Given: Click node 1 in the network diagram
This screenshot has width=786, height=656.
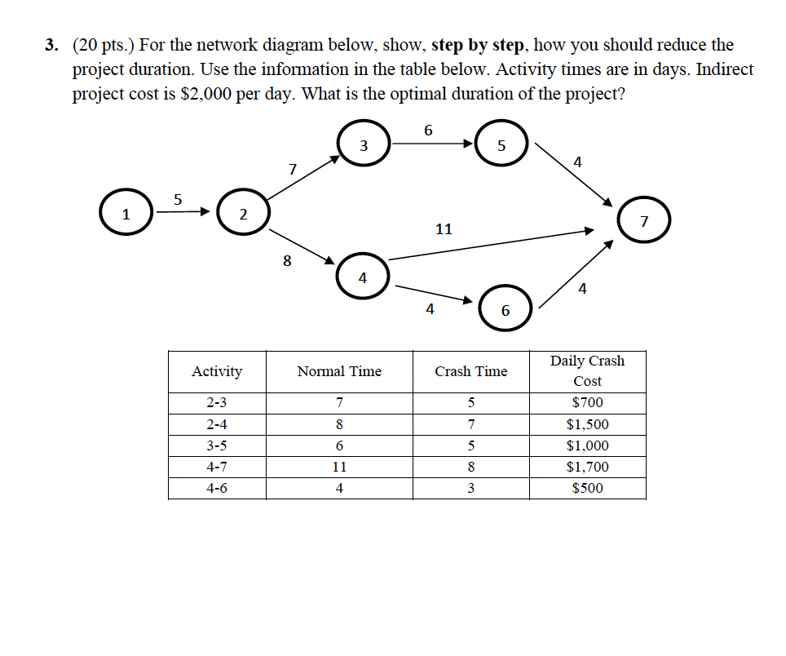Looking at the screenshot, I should [x=126, y=214].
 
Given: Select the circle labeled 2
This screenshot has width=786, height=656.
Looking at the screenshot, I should [x=242, y=214].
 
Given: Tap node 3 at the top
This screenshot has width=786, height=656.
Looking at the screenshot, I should [x=363, y=146].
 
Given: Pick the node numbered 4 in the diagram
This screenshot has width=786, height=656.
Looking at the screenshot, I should [x=363, y=277].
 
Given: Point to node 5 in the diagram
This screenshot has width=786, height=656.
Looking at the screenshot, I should [x=501, y=146].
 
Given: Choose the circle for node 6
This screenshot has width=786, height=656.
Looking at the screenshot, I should [x=505, y=310].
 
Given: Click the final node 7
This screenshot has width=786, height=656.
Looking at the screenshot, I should [x=643, y=220].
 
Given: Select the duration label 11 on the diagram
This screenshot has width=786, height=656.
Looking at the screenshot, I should [x=444, y=229].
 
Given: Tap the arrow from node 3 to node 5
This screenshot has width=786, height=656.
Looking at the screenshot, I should [x=432, y=144].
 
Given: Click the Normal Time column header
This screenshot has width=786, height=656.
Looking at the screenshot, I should [x=339, y=371].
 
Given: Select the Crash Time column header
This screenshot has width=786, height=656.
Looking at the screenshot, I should [x=470, y=371].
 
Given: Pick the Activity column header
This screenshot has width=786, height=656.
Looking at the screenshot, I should [x=217, y=371].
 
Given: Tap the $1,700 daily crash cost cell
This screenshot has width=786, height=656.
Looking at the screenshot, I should [x=587, y=468].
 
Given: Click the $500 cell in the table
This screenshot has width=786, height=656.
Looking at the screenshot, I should [x=587, y=489].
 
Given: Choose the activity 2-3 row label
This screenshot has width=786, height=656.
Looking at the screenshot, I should [x=217, y=402].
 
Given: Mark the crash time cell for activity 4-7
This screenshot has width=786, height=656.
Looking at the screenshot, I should [x=470, y=468].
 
